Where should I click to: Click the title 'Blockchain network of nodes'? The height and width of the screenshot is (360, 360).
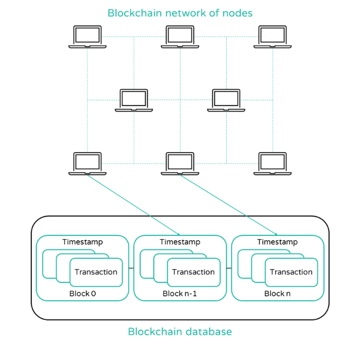tap(180, 13)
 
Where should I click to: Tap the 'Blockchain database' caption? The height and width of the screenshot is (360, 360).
tap(180, 332)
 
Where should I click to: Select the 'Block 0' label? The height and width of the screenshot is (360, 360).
tap(82, 294)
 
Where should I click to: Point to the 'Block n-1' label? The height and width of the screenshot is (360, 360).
tap(180, 294)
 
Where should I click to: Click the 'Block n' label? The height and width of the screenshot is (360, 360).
tap(278, 294)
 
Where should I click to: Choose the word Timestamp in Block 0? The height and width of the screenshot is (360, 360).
tap(82, 242)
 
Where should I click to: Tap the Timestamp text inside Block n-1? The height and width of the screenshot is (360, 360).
tap(180, 242)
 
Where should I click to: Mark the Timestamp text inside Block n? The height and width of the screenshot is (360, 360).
tap(278, 242)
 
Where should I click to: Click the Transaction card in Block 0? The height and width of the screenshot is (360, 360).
tap(96, 272)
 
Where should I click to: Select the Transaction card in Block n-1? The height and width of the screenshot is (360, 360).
tap(193, 272)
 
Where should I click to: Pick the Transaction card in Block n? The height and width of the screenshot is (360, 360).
tap(291, 272)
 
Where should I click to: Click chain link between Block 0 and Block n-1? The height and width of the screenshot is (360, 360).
tap(131, 268)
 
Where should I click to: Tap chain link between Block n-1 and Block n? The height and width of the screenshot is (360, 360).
tap(229, 268)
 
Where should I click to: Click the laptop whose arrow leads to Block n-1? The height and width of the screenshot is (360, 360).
tap(87, 164)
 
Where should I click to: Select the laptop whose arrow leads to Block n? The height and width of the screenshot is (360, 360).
tap(180, 164)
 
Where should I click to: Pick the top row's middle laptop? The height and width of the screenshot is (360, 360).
tap(180, 37)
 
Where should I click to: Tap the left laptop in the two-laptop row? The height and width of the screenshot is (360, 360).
tap(134, 100)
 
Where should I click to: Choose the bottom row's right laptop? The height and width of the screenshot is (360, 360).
tap(273, 164)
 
